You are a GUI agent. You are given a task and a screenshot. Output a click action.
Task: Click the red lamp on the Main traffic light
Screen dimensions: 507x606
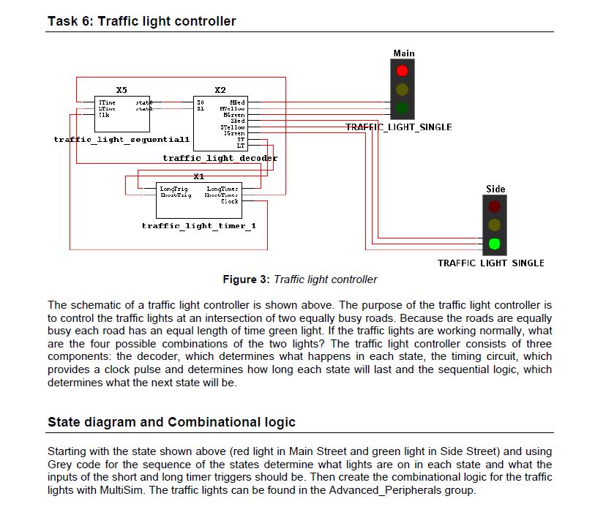point(402,71)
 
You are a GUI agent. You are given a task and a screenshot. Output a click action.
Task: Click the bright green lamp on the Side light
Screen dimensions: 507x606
point(495,244)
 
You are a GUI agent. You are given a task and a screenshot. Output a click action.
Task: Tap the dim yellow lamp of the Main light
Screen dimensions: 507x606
point(402,90)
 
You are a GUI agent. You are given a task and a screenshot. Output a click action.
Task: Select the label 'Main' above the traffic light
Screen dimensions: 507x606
point(403,53)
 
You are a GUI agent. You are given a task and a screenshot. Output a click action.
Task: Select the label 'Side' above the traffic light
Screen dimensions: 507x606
point(495,189)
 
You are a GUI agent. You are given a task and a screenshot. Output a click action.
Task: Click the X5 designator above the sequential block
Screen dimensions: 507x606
point(121,90)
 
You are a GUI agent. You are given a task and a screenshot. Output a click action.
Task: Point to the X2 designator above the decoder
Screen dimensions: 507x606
point(220,90)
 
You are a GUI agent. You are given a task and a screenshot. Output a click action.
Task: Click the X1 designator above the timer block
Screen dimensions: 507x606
point(198,176)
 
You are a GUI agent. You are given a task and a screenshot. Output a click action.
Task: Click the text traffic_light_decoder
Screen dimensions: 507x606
point(220,158)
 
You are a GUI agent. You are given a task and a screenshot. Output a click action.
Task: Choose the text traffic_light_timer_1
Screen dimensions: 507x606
point(198,225)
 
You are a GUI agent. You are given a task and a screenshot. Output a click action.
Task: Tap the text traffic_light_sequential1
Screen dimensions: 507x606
point(121,138)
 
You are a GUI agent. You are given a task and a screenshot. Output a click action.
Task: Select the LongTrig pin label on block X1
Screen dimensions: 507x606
point(173,189)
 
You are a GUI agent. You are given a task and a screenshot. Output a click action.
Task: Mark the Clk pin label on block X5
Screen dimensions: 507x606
point(104,115)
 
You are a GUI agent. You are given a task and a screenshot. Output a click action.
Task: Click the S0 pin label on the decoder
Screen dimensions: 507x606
point(199,102)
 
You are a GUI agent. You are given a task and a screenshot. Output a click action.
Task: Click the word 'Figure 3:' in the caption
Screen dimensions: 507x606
point(247,279)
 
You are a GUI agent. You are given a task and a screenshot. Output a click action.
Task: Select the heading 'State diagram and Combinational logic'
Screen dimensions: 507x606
point(171,422)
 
